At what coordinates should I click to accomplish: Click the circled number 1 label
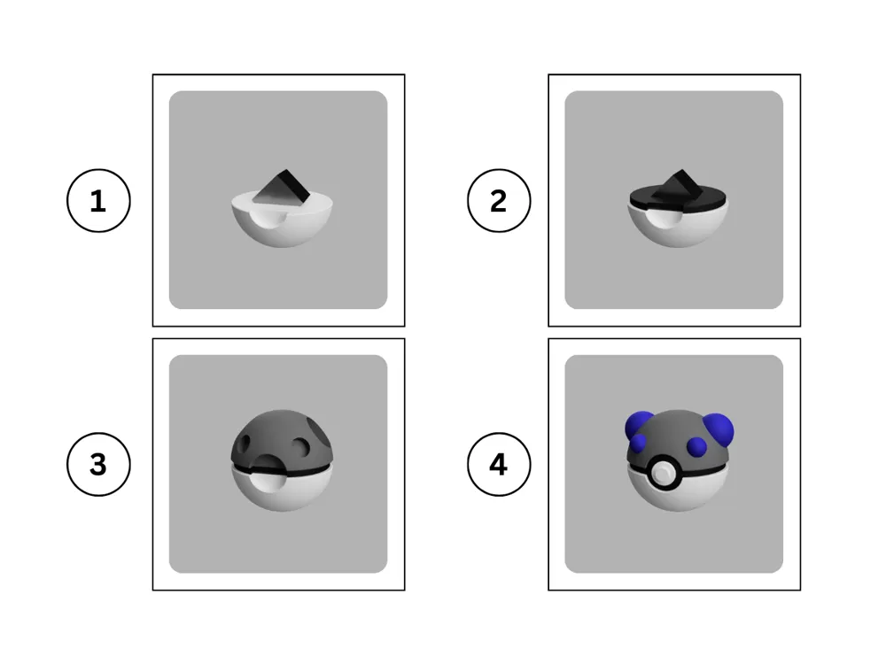(x=98, y=201)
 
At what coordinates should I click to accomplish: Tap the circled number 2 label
(x=499, y=201)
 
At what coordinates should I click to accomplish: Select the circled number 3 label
(x=98, y=464)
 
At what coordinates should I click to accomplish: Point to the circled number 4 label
(x=499, y=464)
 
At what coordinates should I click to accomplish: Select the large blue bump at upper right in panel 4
(x=719, y=430)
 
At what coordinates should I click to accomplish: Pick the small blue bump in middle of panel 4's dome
(x=696, y=444)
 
